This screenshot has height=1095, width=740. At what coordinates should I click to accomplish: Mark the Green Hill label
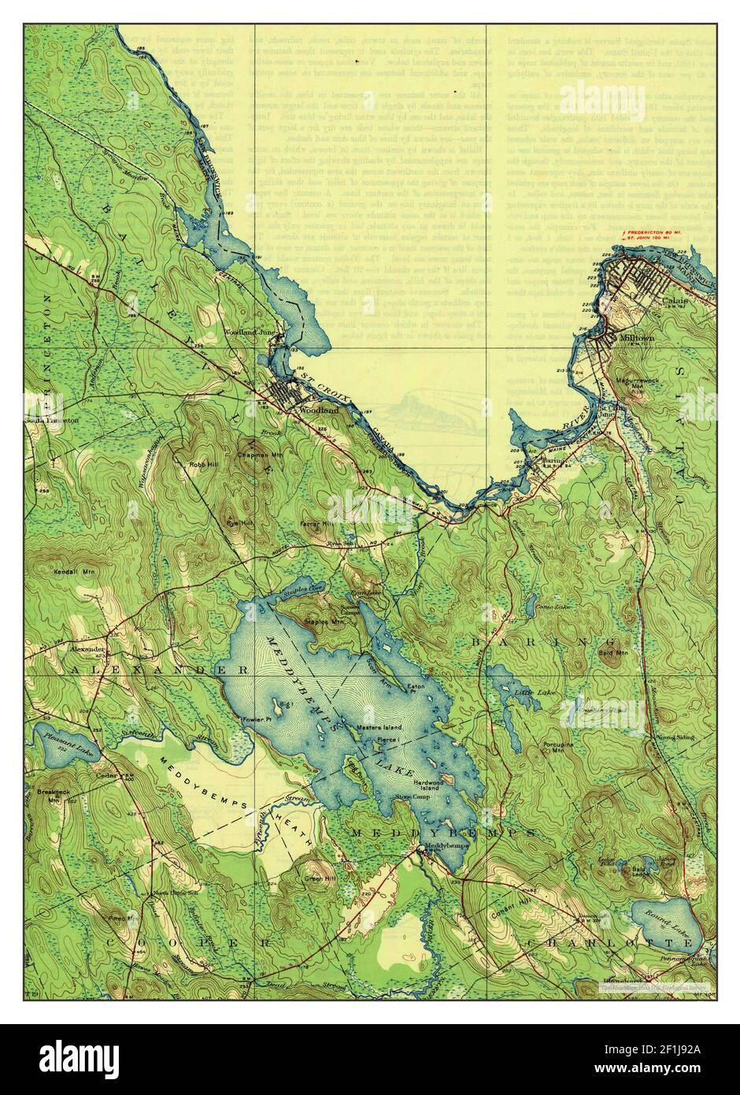pos(320,877)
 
